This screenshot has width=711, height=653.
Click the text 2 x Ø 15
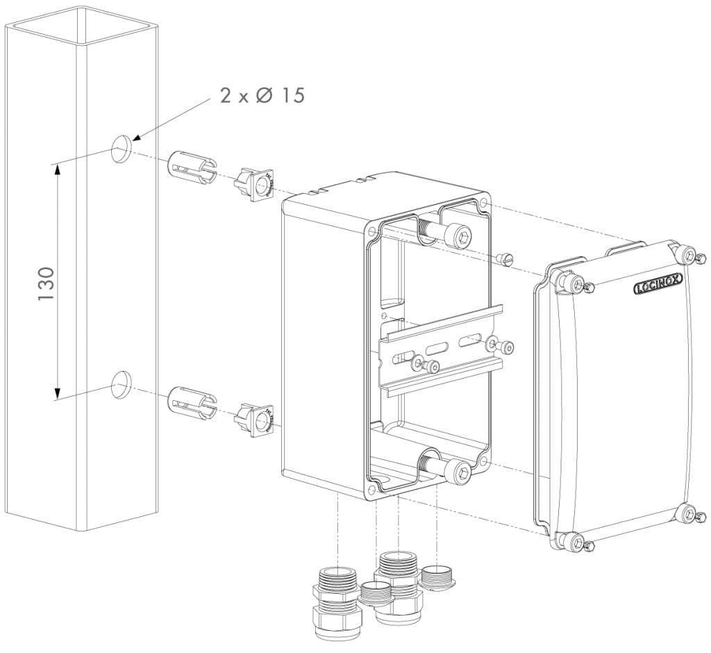(x=262, y=95)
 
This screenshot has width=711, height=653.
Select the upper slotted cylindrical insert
(x=192, y=167)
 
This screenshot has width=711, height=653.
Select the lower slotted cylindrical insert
(x=192, y=402)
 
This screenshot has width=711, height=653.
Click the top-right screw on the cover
(x=688, y=255)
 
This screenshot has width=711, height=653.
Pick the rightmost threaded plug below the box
(x=436, y=577)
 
